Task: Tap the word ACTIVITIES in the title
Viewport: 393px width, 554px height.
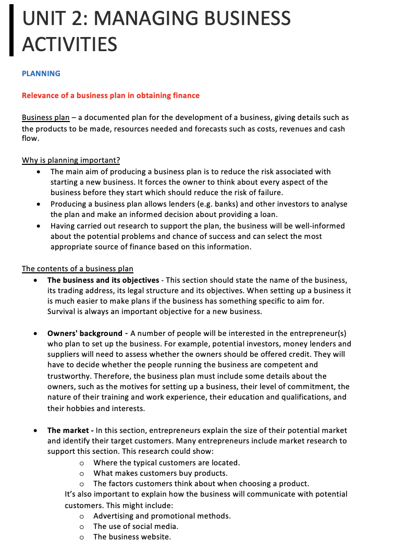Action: [x=69, y=44]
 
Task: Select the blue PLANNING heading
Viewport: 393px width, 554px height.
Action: [x=41, y=74]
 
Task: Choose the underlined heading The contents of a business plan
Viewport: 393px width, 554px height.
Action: [x=78, y=269]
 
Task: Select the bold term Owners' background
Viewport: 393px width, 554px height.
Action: [x=84, y=333]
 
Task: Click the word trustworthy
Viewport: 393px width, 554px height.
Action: [x=71, y=376]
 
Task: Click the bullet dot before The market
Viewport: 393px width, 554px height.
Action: [x=35, y=430]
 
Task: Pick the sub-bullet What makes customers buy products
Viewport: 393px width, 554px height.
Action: [x=161, y=473]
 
